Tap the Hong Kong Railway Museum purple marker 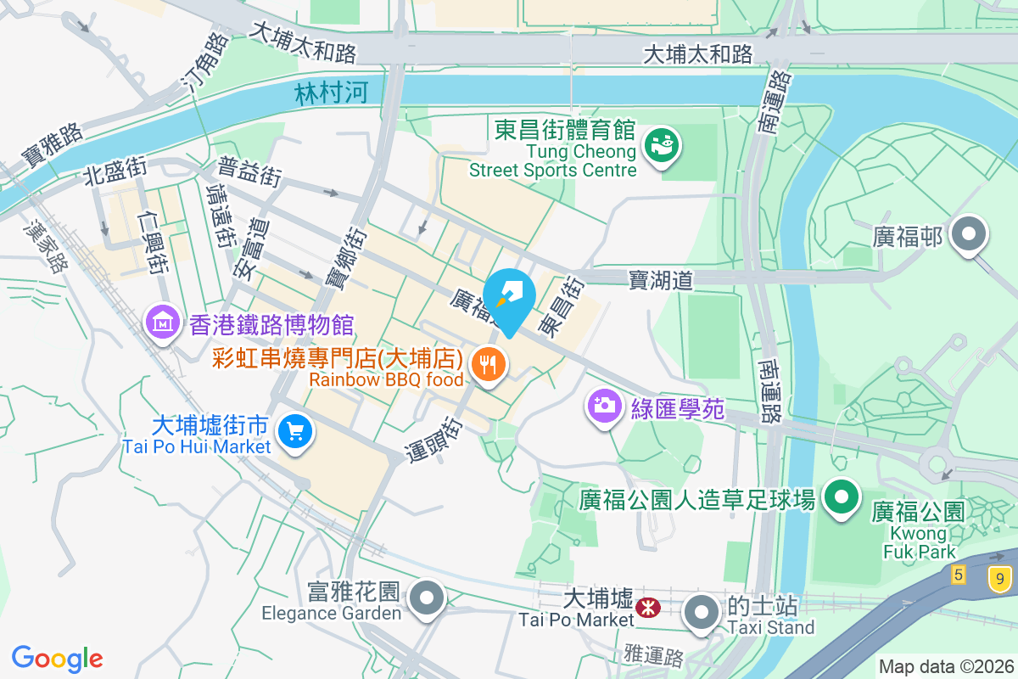(x=161, y=323)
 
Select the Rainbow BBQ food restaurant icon (x=487, y=366)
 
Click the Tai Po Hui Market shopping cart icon (x=295, y=431)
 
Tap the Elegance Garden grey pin (x=426, y=598)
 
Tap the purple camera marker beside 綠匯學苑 (x=604, y=405)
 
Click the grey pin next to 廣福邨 (x=968, y=233)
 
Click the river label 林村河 (x=332, y=93)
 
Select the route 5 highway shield (x=959, y=575)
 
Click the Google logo (x=58, y=658)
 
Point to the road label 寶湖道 (x=661, y=278)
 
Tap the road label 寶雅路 (x=53, y=145)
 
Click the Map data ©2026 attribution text (x=946, y=666)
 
